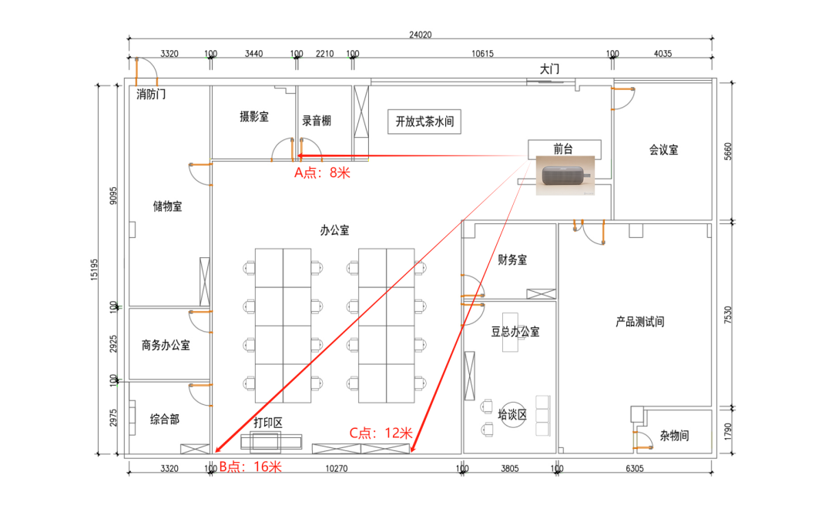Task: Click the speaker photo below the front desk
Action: [x=565, y=175]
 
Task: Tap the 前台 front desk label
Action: [x=563, y=149]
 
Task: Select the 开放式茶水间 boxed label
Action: [x=424, y=122]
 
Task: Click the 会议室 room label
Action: [x=664, y=149]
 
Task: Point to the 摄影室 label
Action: [x=254, y=117]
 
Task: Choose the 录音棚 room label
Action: [x=317, y=120]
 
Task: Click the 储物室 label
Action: [x=168, y=206]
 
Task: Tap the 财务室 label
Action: [x=512, y=259]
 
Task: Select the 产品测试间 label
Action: [x=640, y=322]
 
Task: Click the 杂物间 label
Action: [x=674, y=436]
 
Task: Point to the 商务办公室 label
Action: [x=166, y=346]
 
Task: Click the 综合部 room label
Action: [x=165, y=420]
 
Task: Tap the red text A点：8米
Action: [x=323, y=172]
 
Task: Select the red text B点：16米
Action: [x=250, y=467]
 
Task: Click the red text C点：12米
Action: [x=381, y=433]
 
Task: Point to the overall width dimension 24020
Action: [x=421, y=35]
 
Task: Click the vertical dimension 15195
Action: [x=95, y=269]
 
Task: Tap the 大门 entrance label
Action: [x=550, y=69]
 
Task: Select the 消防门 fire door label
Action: [x=151, y=95]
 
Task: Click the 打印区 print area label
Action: [x=268, y=423]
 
